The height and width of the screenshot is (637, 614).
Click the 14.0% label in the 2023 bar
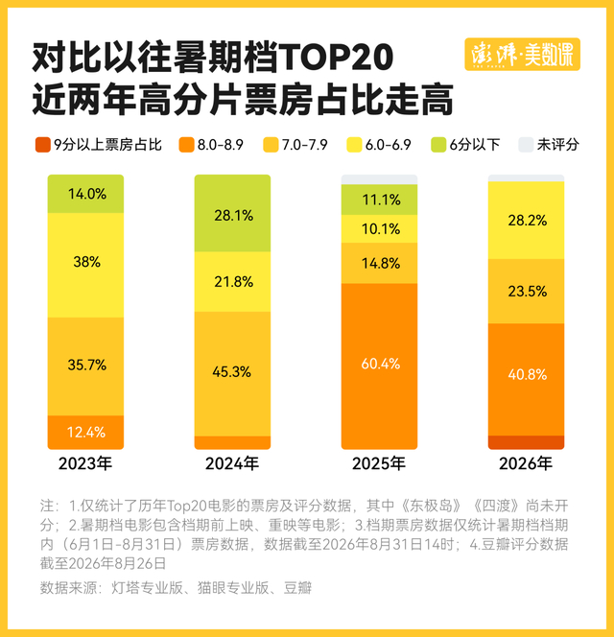[x=87, y=194]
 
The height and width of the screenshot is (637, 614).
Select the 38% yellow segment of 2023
[x=85, y=265]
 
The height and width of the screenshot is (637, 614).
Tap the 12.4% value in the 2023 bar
[x=86, y=432]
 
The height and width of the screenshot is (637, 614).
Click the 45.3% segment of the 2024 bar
[x=232, y=374]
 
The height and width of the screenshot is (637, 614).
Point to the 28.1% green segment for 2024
[x=232, y=213]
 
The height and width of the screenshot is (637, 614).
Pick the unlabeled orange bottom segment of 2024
[x=232, y=443]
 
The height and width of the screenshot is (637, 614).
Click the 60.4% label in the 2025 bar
[x=381, y=364]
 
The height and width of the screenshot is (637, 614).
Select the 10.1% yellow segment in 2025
[x=379, y=228]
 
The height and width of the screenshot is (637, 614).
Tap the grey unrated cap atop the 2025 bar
[x=379, y=179]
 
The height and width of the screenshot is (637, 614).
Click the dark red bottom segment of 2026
[x=527, y=442]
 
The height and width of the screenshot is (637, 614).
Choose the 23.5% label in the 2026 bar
[x=528, y=292]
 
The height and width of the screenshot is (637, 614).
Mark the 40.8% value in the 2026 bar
[x=528, y=374]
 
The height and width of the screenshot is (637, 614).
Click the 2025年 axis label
[x=379, y=463]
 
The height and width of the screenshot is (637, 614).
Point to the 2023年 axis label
[x=85, y=463]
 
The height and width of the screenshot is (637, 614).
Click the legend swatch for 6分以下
[x=438, y=145]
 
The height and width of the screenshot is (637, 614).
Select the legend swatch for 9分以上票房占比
[x=43, y=145]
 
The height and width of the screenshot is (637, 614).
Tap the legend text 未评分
[x=558, y=145]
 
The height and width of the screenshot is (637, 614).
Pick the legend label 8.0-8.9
[x=221, y=145]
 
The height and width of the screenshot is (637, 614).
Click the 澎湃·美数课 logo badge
[x=522, y=54]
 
